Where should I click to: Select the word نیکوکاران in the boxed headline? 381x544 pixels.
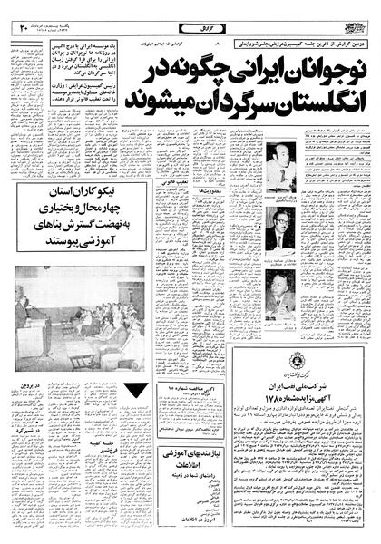(x=107, y=193)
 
